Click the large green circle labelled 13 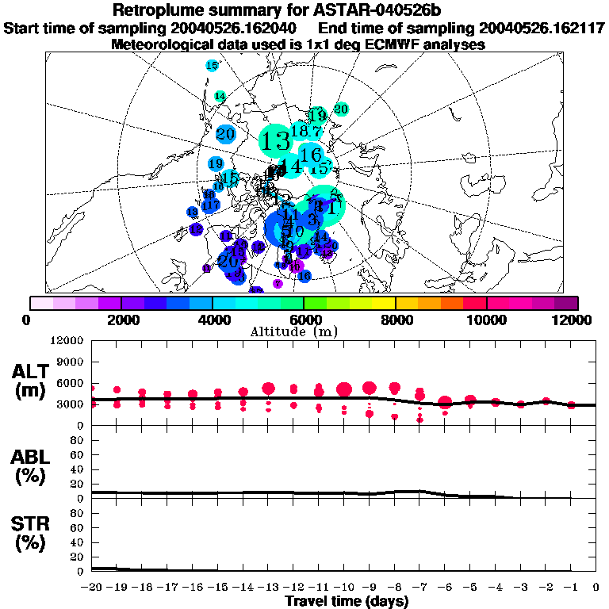point(276,142)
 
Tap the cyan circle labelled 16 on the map point(312,154)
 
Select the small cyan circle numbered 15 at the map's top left point(212,66)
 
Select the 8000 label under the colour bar point(395,320)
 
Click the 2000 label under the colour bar point(120,320)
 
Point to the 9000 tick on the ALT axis point(69,361)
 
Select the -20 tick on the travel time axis point(91,588)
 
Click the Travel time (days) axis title point(347,601)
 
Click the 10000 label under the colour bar point(486,320)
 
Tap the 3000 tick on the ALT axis point(69,404)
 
